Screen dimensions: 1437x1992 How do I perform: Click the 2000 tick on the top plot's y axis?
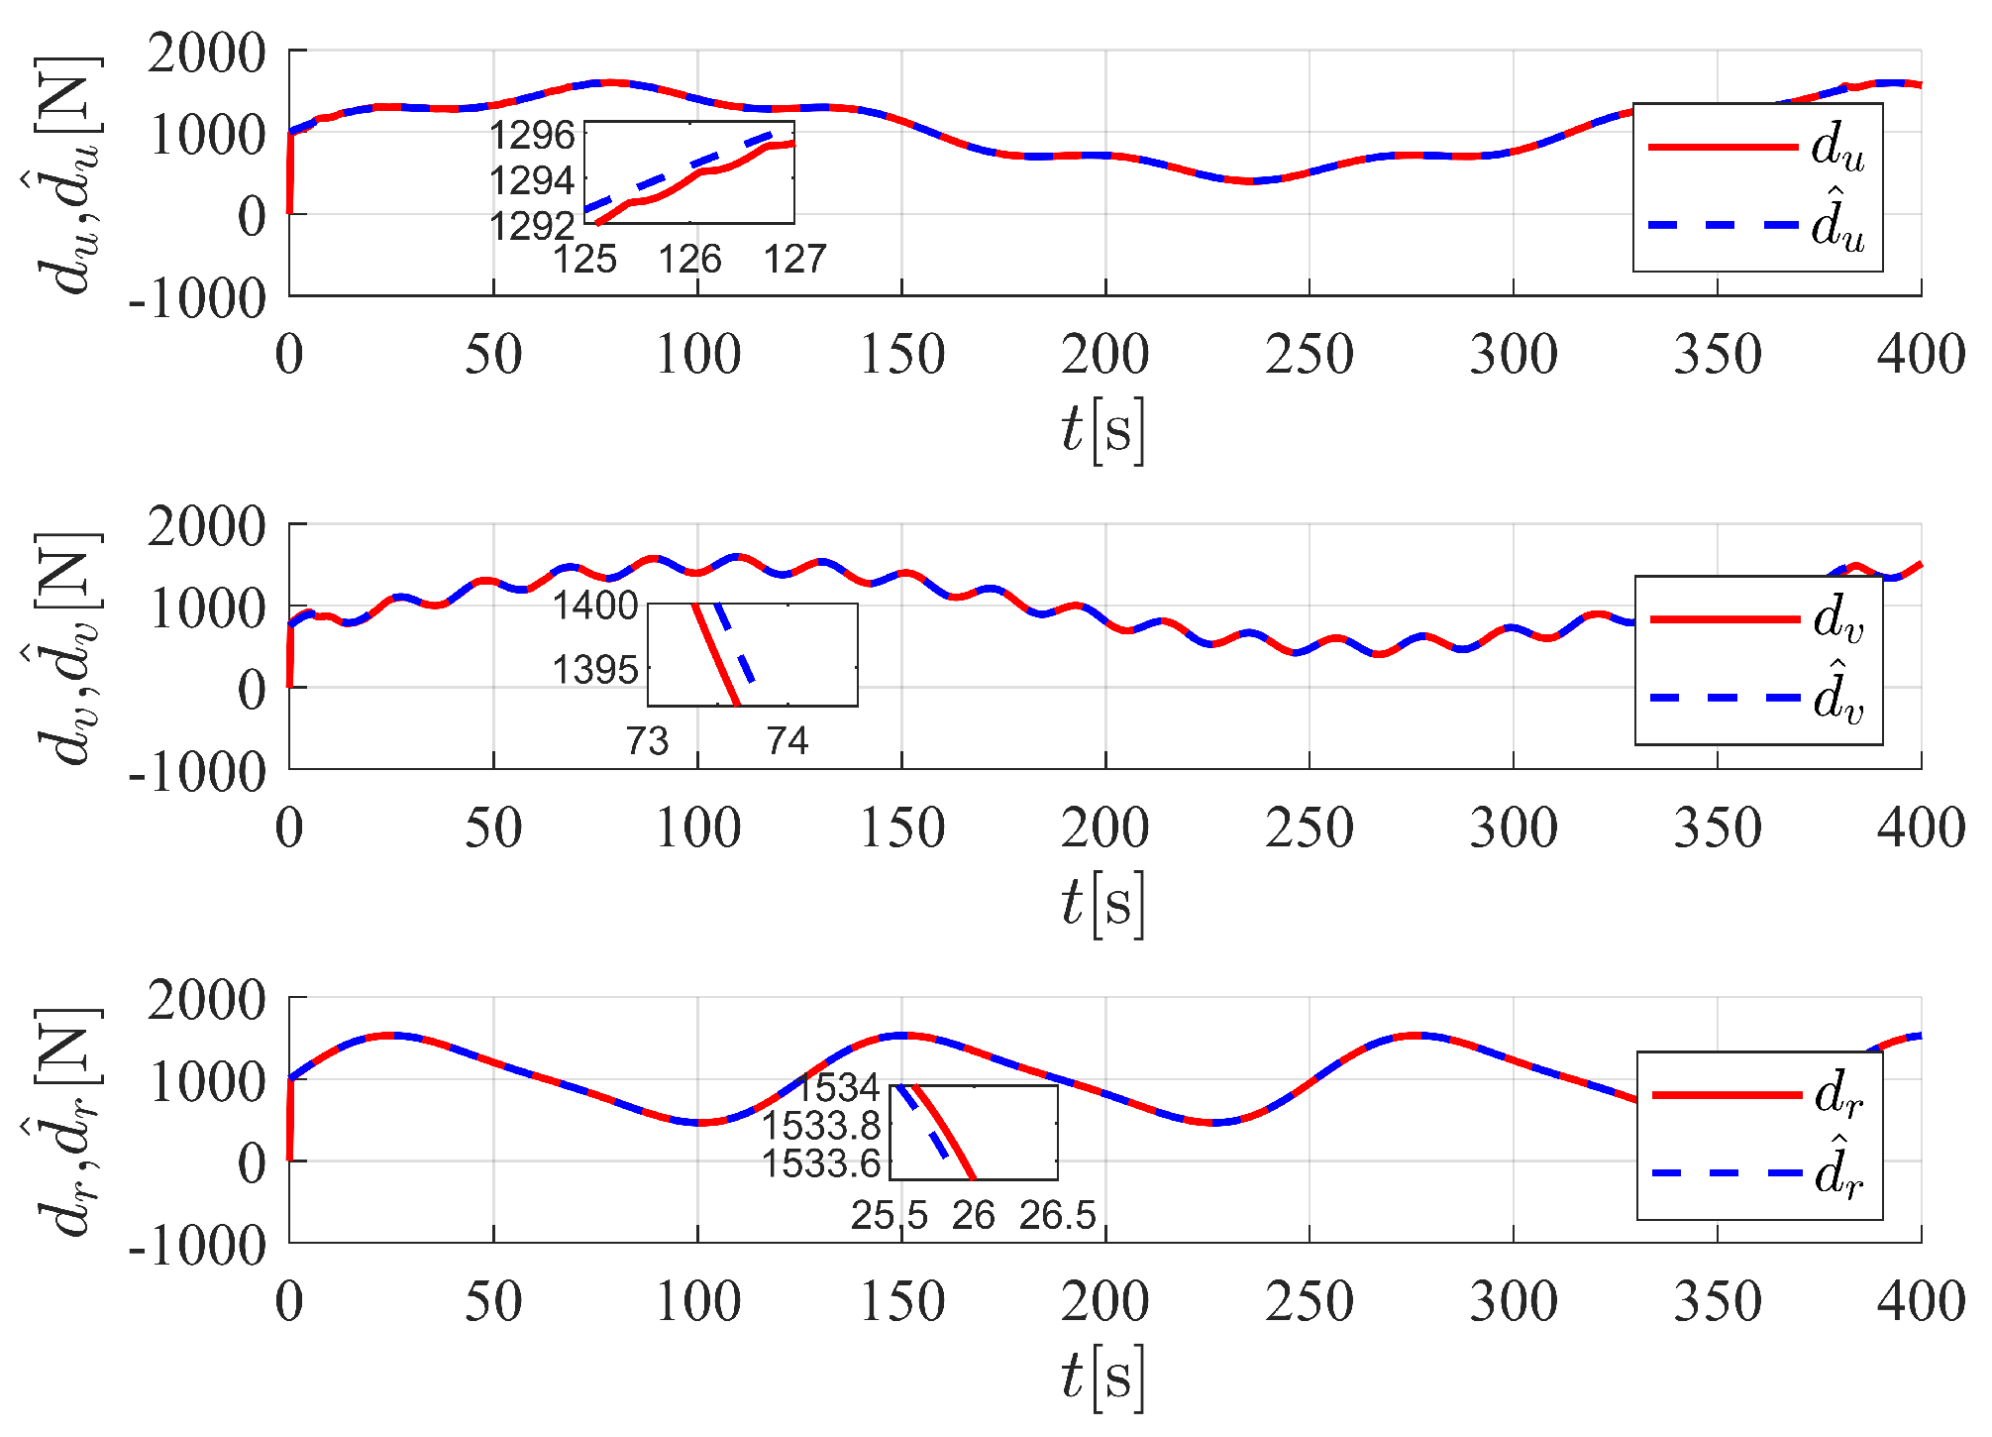(x=206, y=53)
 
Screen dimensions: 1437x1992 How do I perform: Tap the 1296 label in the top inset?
(x=533, y=135)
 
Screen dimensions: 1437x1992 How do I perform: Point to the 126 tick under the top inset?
(x=689, y=260)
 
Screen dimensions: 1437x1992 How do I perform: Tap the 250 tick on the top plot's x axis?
(x=1309, y=355)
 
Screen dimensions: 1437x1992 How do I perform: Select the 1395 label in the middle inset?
(x=595, y=671)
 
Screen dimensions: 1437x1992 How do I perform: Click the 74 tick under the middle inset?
(x=787, y=741)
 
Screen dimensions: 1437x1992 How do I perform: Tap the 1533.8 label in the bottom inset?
(x=821, y=1126)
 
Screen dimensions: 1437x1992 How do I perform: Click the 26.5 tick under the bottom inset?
(x=1058, y=1216)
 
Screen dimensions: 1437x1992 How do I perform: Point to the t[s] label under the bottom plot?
(x=1102, y=1378)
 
